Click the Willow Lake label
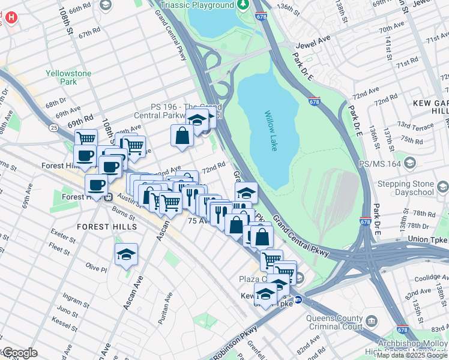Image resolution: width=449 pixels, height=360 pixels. coord(270,130)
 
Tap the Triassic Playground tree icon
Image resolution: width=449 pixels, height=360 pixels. coord(243,5)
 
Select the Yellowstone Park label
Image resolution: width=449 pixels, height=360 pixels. coord(69,77)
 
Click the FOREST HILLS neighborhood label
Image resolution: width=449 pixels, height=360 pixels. coord(107,227)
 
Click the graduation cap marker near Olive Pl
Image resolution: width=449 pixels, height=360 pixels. coord(127,256)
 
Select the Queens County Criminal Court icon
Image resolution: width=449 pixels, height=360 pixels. coord(372,322)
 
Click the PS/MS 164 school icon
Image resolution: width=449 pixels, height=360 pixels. coord(410,163)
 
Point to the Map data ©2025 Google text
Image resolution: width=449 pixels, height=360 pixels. coord(412,355)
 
